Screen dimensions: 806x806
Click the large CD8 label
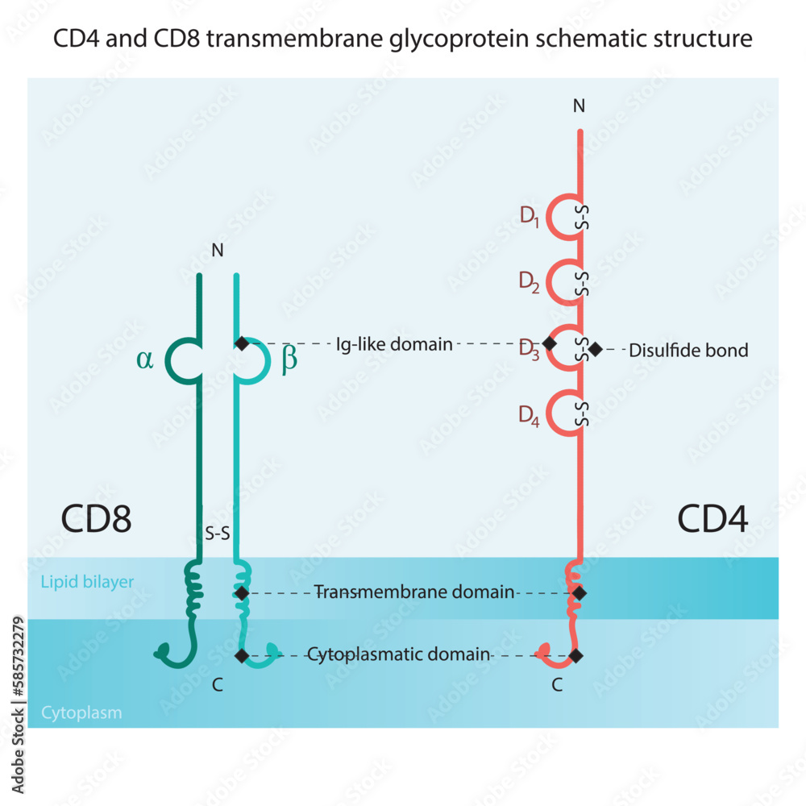pyautogui.click(x=96, y=520)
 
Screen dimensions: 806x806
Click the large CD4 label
pyautogui.click(x=713, y=520)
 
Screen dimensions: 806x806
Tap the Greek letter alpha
pyautogui.click(x=144, y=360)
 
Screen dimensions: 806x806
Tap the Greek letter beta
pyautogui.click(x=289, y=360)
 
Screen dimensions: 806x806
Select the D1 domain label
pyautogui.click(x=529, y=217)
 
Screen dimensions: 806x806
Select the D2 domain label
pyautogui.click(x=529, y=282)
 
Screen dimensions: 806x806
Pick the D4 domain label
pyautogui.click(x=529, y=416)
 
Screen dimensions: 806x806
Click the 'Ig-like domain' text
pyautogui.click(x=394, y=344)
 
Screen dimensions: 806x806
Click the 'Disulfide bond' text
pyautogui.click(x=688, y=350)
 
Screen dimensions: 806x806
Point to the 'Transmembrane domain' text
pyautogui.click(x=414, y=592)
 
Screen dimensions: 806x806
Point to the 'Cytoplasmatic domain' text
pyautogui.click(x=398, y=654)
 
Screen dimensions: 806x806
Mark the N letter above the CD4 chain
pyautogui.click(x=578, y=106)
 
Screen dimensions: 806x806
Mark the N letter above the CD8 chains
pyautogui.click(x=217, y=251)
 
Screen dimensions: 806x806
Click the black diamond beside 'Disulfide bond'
pyautogui.click(x=595, y=349)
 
